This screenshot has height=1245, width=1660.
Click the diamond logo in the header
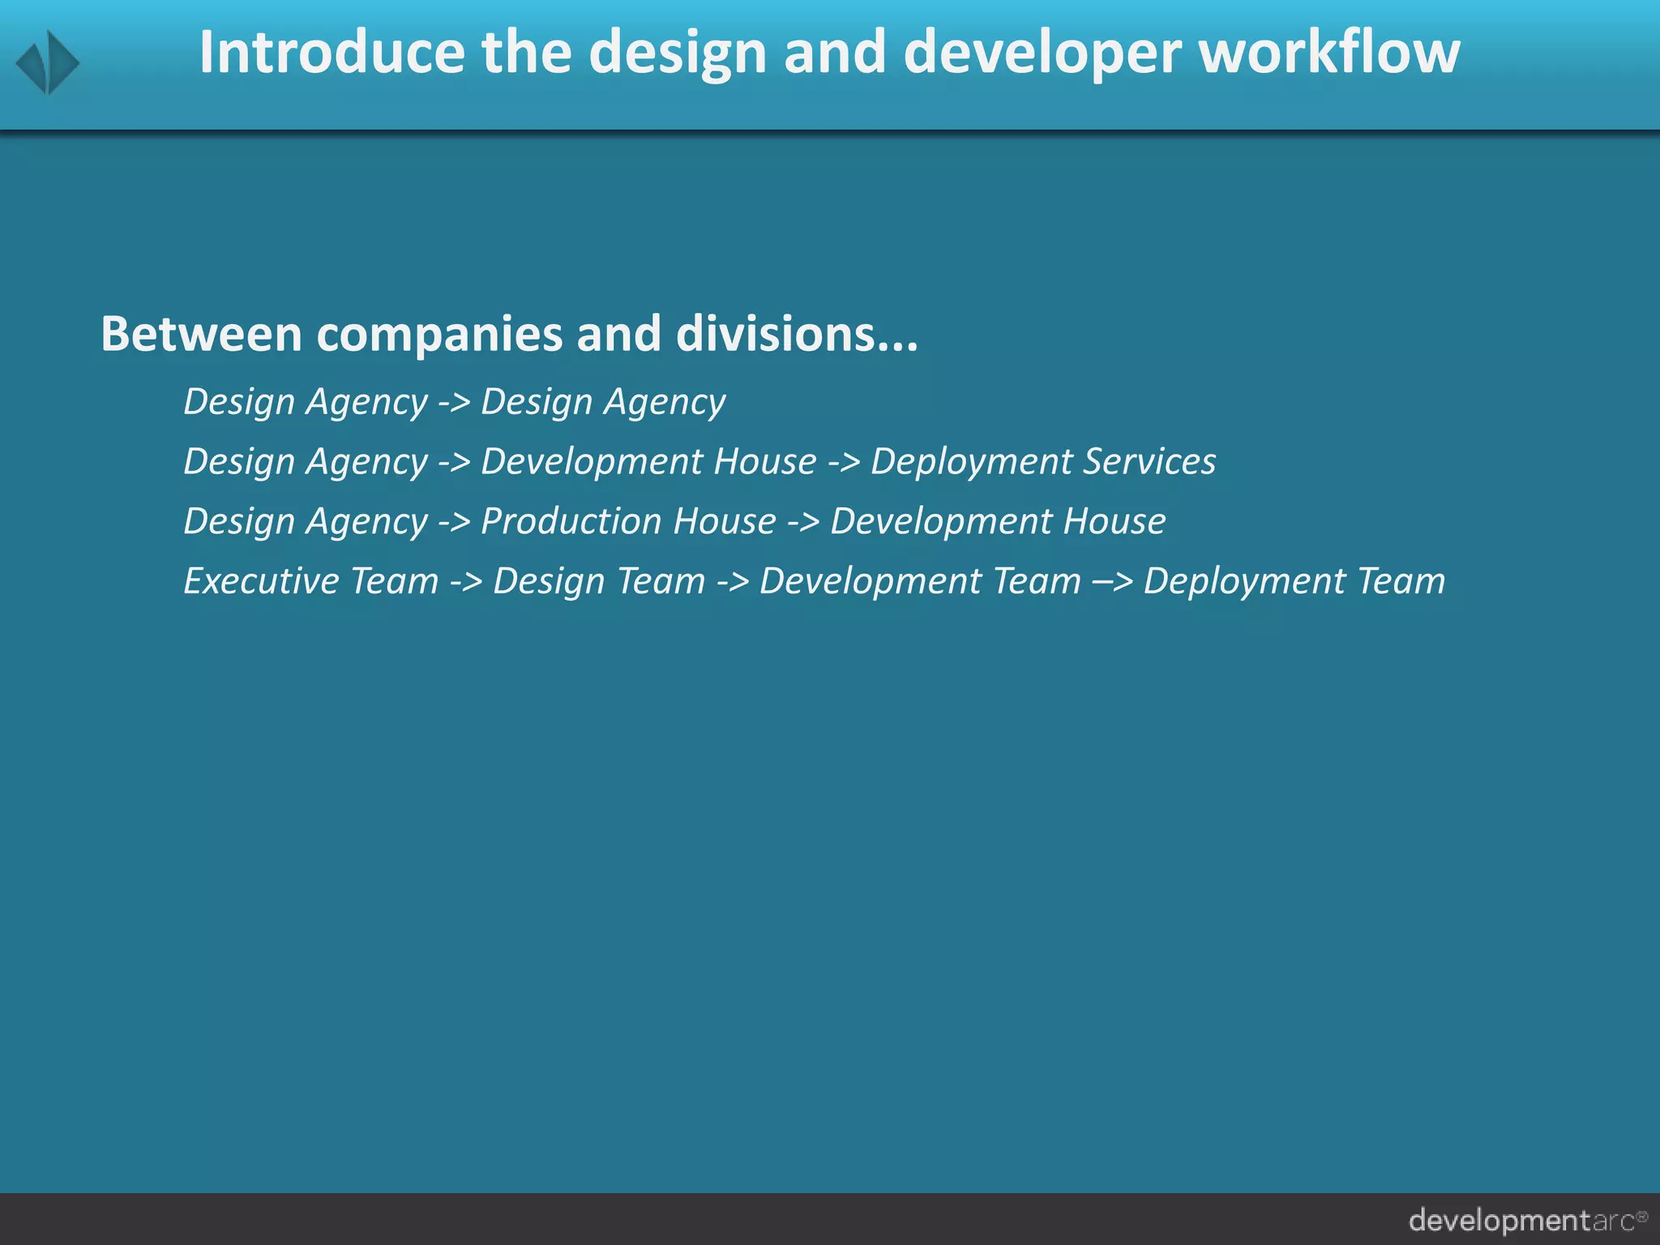click(48, 62)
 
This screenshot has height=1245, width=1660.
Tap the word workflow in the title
click(1329, 52)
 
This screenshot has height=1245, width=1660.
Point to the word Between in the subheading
click(201, 333)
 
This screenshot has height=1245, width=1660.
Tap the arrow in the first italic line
click(454, 402)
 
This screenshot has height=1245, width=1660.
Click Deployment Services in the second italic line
click(1043, 462)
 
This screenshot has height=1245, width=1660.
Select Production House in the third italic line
click(628, 521)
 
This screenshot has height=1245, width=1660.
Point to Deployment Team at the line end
click(1294, 581)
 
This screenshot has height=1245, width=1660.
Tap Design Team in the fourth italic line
click(599, 581)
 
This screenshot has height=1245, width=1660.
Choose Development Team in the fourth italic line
click(920, 581)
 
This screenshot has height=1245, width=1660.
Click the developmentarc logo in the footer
click(1527, 1220)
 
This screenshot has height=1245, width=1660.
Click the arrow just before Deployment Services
click(844, 462)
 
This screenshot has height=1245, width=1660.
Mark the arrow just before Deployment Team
click(1112, 582)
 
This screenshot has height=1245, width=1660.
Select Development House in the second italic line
click(648, 462)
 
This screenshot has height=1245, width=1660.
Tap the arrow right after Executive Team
click(466, 582)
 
